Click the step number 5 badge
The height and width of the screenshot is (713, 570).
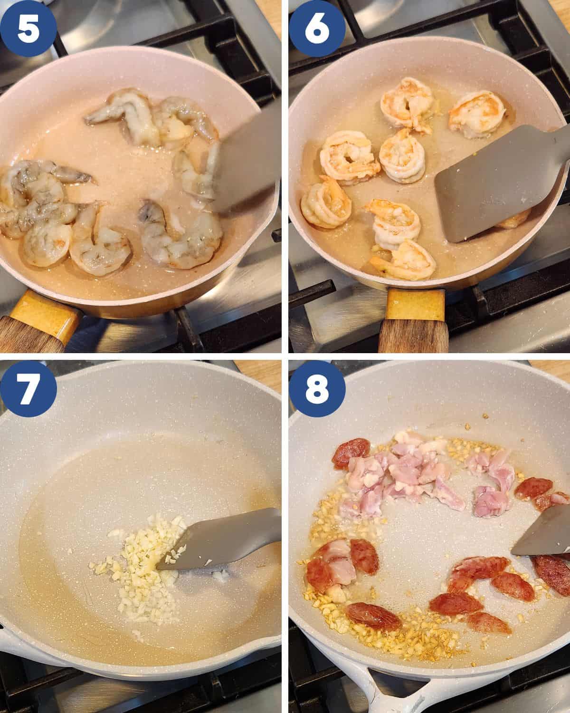(28, 29)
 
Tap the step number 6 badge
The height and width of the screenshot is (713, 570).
(317, 29)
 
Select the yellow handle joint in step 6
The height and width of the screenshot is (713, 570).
(415, 304)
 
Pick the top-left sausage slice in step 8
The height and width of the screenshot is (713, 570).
(351, 453)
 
